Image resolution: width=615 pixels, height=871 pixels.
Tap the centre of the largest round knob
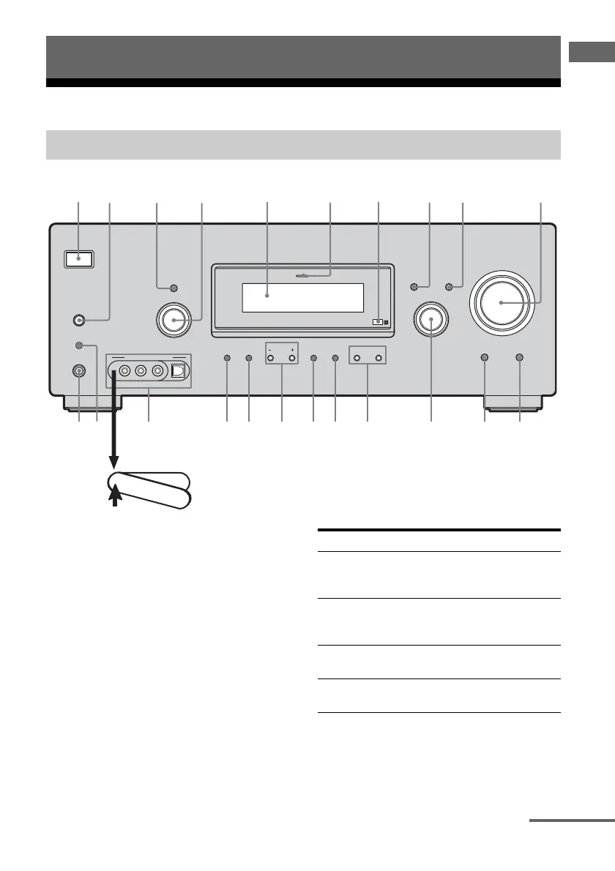tap(502, 302)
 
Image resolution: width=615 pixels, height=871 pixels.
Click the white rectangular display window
tap(302, 296)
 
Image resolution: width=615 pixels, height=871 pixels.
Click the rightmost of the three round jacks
tap(157, 371)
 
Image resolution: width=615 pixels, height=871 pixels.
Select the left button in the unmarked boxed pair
tap(357, 359)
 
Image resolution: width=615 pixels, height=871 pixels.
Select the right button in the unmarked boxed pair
tap(379, 359)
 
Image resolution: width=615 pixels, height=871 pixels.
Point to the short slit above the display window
tap(302, 276)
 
